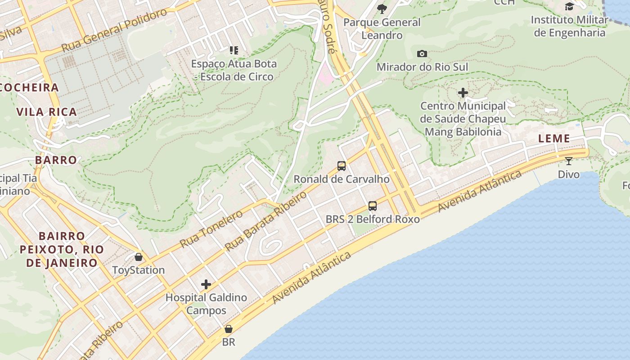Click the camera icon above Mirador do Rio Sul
[x=422, y=54]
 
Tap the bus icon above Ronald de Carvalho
[x=342, y=166]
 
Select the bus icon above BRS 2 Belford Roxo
[x=373, y=206]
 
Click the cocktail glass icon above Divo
[x=569, y=161]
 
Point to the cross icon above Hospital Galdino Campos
[x=206, y=284]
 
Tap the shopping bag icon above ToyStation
[x=138, y=257]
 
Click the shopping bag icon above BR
[x=229, y=329]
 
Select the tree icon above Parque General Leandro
[x=382, y=9]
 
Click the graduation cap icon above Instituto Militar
[x=569, y=6]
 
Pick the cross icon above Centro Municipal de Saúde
[x=463, y=93]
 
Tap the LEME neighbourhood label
[x=554, y=139]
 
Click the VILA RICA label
[x=47, y=112]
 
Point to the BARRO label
[x=56, y=160]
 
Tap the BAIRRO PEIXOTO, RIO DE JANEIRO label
[x=62, y=249]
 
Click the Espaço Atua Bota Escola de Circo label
[x=234, y=70]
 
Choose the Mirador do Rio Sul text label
[x=422, y=67]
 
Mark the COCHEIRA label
[x=30, y=88]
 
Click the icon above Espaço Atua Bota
[x=234, y=50]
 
